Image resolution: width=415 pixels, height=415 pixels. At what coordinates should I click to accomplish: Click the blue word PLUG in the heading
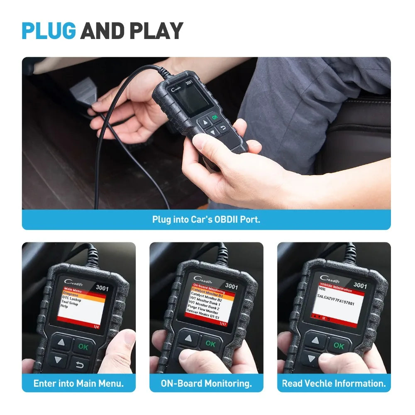tap(49, 31)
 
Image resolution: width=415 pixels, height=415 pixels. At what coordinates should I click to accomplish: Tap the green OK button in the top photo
tap(215, 117)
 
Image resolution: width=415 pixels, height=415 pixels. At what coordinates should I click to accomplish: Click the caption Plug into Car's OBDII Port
tap(206, 219)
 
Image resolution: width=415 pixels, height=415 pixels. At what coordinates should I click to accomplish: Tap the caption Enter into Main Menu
tap(78, 383)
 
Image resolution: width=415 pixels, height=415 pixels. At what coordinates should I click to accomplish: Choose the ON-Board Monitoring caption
tap(206, 383)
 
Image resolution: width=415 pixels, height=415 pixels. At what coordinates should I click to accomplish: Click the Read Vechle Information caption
tap(334, 383)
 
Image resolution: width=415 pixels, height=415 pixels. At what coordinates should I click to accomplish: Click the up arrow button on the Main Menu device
tap(61, 343)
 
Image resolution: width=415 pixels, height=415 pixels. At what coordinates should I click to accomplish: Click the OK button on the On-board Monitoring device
tap(210, 344)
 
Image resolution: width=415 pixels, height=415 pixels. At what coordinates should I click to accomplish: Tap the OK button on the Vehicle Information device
tap(338, 345)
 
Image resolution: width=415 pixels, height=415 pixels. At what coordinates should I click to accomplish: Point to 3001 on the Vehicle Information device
tap(360, 286)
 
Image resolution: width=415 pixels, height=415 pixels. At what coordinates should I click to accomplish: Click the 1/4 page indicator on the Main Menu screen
tap(96, 327)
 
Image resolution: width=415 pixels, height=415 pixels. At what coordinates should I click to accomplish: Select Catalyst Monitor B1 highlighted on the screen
tap(207, 295)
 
